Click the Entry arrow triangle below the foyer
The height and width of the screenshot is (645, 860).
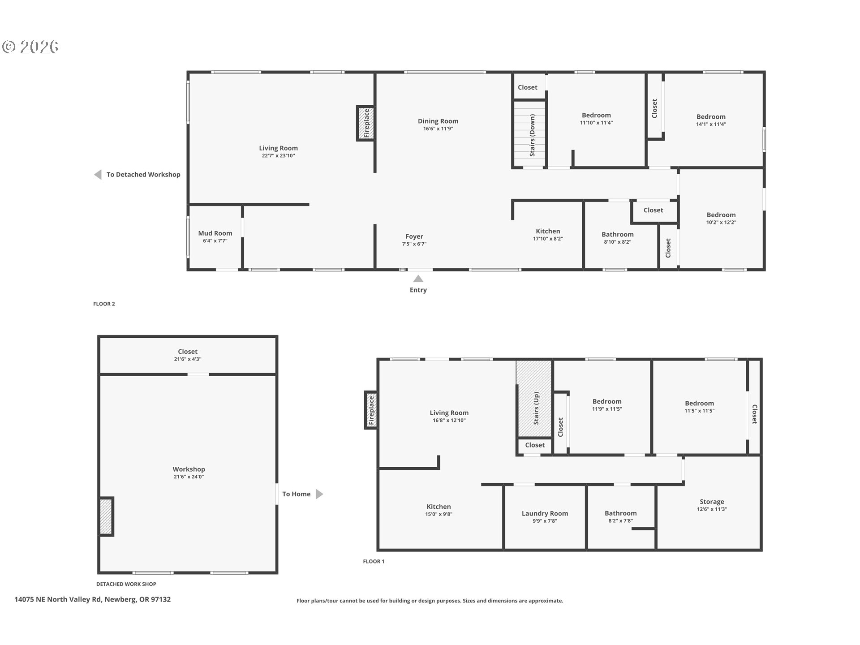[418, 279]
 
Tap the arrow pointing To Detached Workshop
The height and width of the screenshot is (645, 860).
[98, 175]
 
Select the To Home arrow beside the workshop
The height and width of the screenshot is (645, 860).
[319, 494]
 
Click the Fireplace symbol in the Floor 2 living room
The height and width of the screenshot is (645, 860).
[366, 123]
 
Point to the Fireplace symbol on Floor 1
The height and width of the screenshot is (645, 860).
[371, 410]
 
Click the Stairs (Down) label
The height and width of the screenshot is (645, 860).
[532, 135]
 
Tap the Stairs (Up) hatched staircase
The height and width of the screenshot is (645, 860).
[534, 399]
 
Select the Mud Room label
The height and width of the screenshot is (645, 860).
[215, 233]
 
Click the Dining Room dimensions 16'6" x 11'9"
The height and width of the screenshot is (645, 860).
[438, 129]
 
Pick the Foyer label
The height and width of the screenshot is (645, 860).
[414, 236]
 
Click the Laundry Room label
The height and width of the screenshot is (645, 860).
[545, 513]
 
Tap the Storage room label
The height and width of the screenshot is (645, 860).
[712, 502]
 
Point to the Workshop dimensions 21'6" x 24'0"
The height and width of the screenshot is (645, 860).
[189, 477]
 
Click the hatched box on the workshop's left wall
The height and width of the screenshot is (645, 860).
[106, 516]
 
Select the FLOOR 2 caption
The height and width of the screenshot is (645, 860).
[104, 304]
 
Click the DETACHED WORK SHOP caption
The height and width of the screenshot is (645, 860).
[126, 584]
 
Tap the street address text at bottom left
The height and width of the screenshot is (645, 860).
[93, 599]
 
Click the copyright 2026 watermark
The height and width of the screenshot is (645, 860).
[30, 47]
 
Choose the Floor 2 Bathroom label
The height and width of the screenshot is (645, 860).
[617, 234]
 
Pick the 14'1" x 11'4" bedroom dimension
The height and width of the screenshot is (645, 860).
[711, 124]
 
